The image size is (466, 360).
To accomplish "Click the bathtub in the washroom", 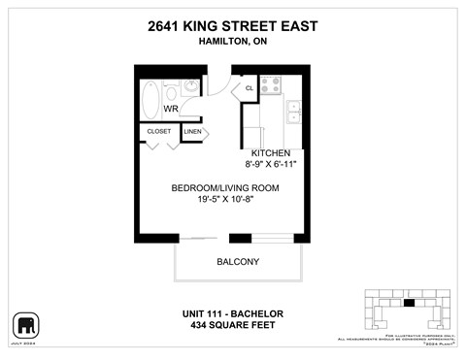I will pos(150,98).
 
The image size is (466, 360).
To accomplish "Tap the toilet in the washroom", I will pos(172,93).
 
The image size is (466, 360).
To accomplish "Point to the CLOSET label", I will pos(159,131).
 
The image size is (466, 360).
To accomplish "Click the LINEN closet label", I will pos(192,131).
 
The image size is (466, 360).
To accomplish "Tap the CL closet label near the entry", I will pos(249,88).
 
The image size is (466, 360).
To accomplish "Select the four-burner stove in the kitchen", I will pos(270,84).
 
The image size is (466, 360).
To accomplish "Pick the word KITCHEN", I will pos(272,153).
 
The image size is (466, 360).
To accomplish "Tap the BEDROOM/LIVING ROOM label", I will pos(225,187).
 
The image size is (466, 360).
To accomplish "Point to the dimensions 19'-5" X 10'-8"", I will pos(225,200).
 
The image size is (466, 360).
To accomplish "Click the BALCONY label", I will pos(237,262).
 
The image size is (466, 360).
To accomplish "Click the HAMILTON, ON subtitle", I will pos(233,43).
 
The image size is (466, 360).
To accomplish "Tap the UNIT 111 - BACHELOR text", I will pos(232,312).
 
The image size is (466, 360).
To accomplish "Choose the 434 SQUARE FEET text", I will pos(232,324).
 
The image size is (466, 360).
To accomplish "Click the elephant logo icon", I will pos(25,324).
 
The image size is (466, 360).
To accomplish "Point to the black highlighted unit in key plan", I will pos(408,304).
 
